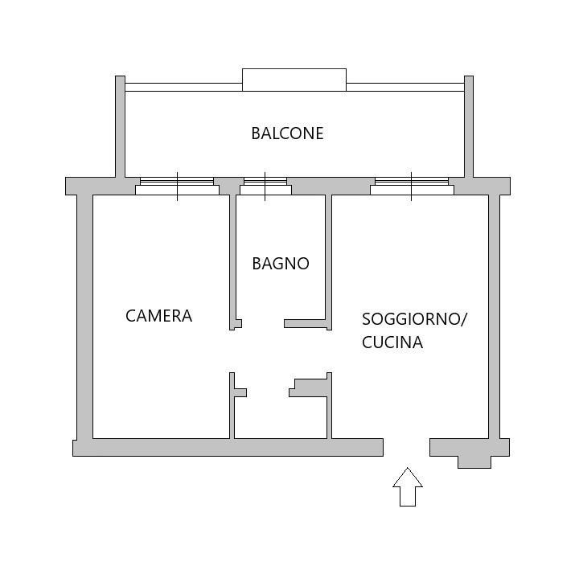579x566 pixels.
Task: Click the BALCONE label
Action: point(287,133)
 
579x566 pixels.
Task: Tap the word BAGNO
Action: point(280,264)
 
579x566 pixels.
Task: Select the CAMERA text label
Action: point(158,316)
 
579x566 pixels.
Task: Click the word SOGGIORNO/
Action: point(414,318)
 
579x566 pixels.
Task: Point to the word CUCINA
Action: point(392,342)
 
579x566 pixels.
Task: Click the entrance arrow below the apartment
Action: point(408,487)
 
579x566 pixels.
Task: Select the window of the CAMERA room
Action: point(177,186)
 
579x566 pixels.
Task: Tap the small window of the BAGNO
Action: point(266,186)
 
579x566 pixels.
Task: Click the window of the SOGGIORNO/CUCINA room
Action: point(412,186)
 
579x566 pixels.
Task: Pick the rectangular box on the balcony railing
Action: point(294,80)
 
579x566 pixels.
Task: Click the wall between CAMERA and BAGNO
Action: point(232,257)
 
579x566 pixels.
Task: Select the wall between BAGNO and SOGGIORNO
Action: point(328,257)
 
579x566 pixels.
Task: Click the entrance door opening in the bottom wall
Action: point(406,447)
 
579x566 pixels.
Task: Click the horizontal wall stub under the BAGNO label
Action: point(306,324)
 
